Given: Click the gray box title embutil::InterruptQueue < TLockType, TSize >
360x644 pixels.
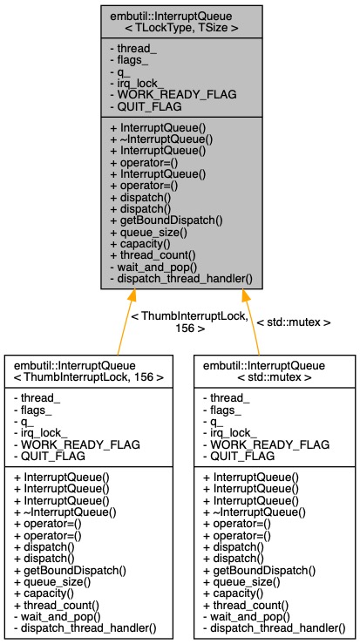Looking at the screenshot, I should [179, 20].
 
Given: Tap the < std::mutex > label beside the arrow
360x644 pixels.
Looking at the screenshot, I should [294, 322].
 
